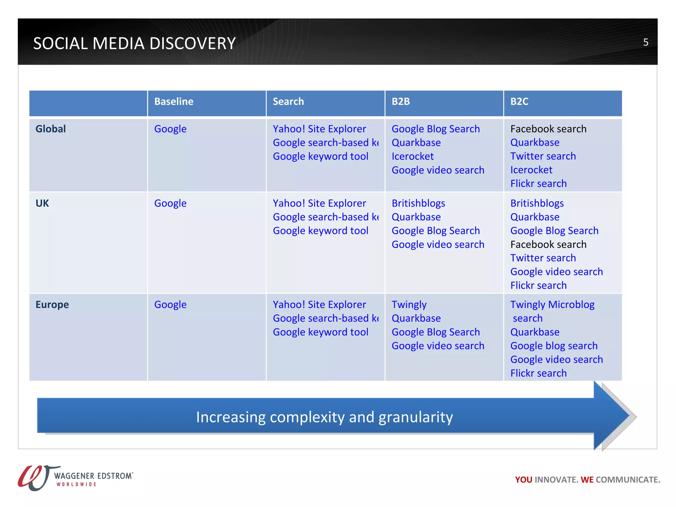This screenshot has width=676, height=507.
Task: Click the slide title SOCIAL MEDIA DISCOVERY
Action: (134, 43)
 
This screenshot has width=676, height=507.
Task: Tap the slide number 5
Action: (646, 42)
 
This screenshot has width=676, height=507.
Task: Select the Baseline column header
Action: (174, 101)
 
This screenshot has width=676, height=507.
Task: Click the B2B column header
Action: (400, 101)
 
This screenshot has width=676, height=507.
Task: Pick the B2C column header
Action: (519, 101)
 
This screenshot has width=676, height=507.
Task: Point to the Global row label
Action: (51, 129)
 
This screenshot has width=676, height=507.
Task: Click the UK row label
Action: (42, 203)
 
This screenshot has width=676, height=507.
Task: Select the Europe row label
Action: (52, 304)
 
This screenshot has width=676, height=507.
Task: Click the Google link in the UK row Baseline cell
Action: (170, 203)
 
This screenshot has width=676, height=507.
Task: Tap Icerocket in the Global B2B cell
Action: (412, 156)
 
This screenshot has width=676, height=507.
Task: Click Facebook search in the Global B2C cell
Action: (548, 129)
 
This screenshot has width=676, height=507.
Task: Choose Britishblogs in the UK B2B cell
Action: (418, 203)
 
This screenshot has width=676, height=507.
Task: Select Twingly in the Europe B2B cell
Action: (409, 304)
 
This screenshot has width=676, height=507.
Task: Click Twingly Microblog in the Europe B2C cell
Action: (552, 304)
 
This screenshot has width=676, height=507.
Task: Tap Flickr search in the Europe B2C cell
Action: (538, 373)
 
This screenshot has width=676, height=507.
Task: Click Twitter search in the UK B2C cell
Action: (543, 258)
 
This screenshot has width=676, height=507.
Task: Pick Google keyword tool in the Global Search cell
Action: (320, 156)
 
